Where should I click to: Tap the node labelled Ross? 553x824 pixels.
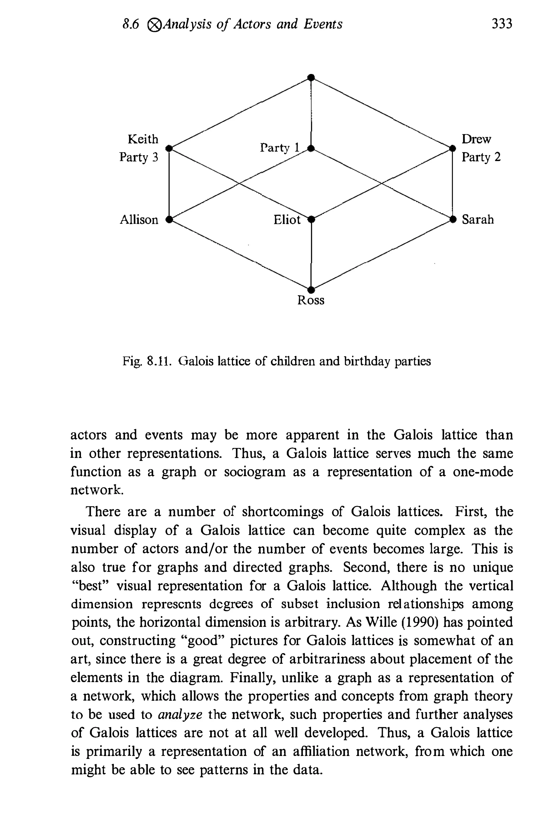coord(311,290)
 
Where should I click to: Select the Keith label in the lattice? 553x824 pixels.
coord(143,139)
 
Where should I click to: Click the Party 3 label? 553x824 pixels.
coord(139,157)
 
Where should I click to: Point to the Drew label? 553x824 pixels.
coord(476,139)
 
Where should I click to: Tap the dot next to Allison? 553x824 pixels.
coord(169,219)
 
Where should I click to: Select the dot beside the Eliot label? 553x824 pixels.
coord(311,219)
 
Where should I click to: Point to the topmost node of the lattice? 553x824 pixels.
coord(311,77)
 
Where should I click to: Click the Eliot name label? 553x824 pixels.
coord(287,220)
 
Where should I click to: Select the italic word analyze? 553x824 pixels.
coord(180,715)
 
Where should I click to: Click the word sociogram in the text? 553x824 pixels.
coord(255,472)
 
